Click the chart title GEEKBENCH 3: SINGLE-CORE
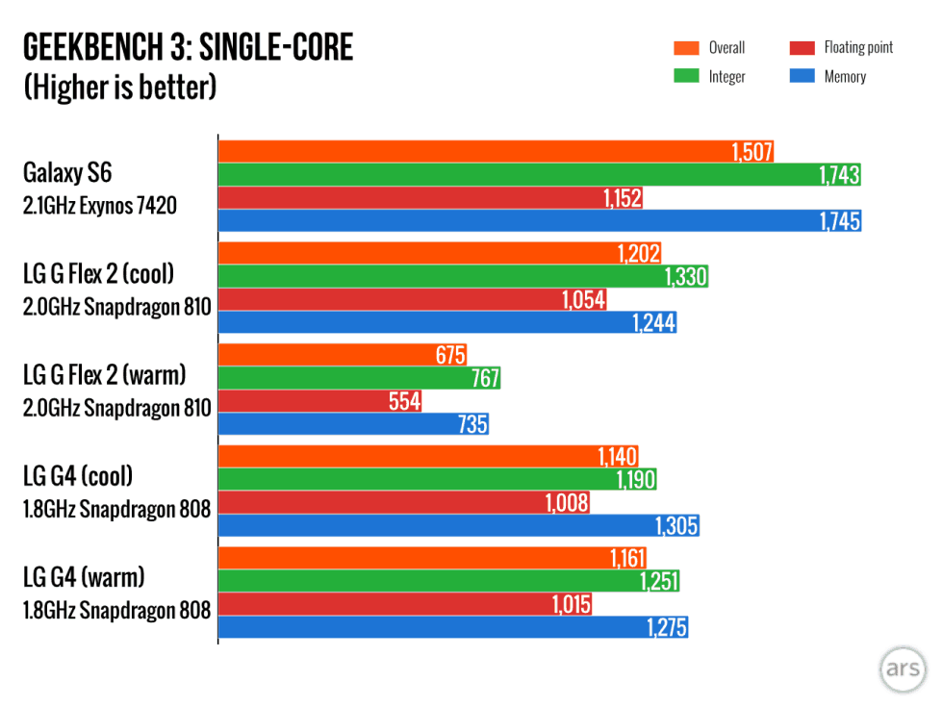click(x=188, y=47)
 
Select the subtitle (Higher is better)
click(x=119, y=88)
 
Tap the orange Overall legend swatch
click(x=685, y=48)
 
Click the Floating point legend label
click(x=858, y=48)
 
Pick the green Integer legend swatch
click(x=685, y=76)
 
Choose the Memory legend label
click(x=845, y=76)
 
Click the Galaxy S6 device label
click(x=67, y=173)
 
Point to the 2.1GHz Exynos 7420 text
click(x=100, y=205)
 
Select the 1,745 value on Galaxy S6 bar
click(x=840, y=221)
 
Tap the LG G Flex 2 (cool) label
click(x=98, y=274)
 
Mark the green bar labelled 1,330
click(x=462, y=277)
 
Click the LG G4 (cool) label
click(x=78, y=475)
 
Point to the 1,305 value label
click(x=676, y=526)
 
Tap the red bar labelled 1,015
click(x=404, y=604)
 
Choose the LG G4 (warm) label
click(x=84, y=577)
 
